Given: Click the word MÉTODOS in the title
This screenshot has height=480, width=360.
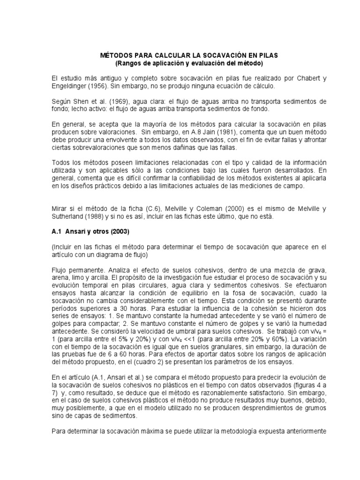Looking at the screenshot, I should coord(118,55).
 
